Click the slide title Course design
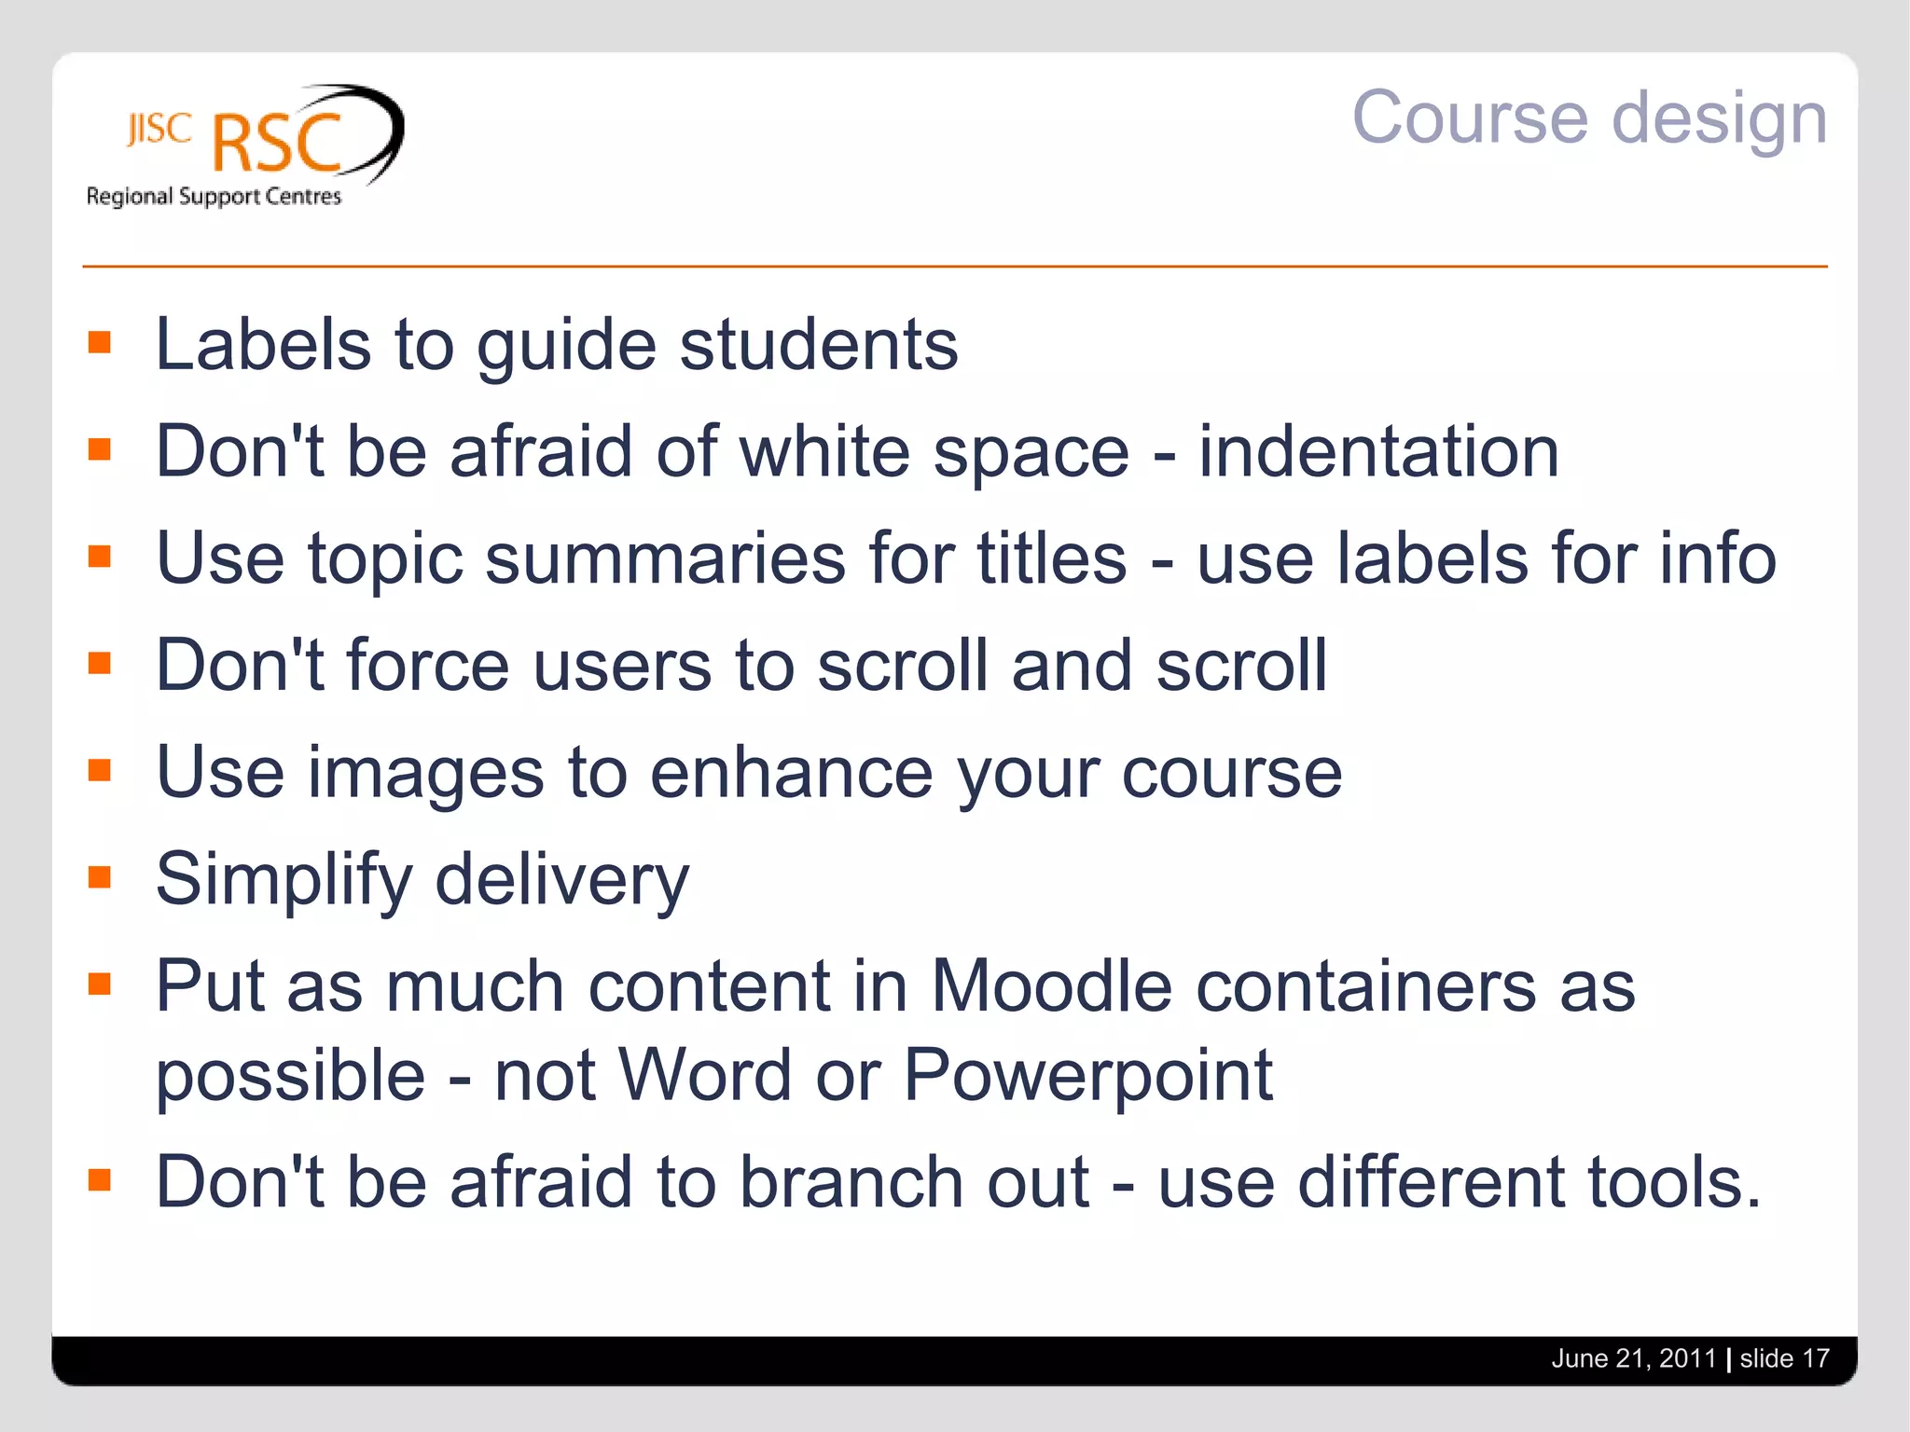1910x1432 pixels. point(1588,118)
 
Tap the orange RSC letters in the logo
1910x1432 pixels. point(277,143)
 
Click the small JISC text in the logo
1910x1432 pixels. point(159,129)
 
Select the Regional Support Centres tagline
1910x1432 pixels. point(214,197)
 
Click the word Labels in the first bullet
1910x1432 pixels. point(263,345)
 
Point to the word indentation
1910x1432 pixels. point(1377,452)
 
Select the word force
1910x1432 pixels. point(428,666)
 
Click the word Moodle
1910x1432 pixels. point(1051,986)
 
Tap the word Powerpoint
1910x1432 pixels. point(1087,1076)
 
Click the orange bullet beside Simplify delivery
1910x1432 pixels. point(100,877)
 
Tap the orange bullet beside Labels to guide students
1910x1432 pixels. point(100,342)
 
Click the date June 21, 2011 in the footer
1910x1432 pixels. point(1633,1358)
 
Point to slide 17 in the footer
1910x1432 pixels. point(1784,1358)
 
